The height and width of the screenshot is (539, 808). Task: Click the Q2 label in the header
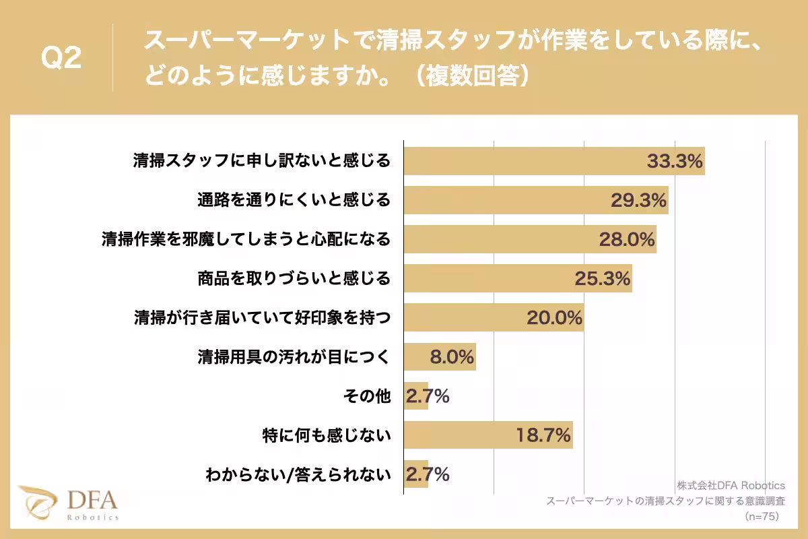tap(61, 59)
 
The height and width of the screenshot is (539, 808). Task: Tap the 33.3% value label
tap(675, 161)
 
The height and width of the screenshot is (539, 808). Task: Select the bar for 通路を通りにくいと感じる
tap(535, 200)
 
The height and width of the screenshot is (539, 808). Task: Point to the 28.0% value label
tap(627, 239)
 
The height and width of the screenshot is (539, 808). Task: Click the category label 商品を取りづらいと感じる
tap(294, 278)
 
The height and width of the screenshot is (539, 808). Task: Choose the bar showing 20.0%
tap(494, 317)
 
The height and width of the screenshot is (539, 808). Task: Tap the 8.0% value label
tap(452, 356)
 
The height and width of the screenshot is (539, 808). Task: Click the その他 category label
tap(367, 396)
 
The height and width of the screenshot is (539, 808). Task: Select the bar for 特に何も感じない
tap(487, 435)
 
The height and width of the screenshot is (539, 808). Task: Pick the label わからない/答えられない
tap(298, 474)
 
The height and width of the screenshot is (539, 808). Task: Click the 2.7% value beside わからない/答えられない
tap(427, 474)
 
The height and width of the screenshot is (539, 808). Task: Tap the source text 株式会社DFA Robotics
tap(731, 485)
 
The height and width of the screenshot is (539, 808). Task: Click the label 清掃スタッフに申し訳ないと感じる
tap(261, 161)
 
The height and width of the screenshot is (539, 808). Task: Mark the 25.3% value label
tap(602, 278)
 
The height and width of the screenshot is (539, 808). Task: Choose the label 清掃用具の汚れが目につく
tap(294, 356)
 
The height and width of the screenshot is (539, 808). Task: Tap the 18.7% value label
tap(543, 435)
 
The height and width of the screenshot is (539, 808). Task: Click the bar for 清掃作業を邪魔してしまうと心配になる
tap(529, 239)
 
